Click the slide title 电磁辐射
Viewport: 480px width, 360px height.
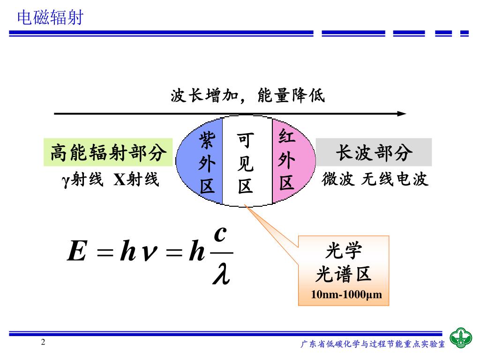50,18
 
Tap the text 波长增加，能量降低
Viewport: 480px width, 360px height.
247,97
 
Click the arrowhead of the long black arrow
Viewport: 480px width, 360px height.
402,113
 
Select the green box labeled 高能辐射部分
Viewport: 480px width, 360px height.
108,152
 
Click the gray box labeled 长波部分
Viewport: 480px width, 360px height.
374,152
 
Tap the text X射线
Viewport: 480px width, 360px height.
136,180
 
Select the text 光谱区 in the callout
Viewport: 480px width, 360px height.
344,274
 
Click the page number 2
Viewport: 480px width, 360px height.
43,342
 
